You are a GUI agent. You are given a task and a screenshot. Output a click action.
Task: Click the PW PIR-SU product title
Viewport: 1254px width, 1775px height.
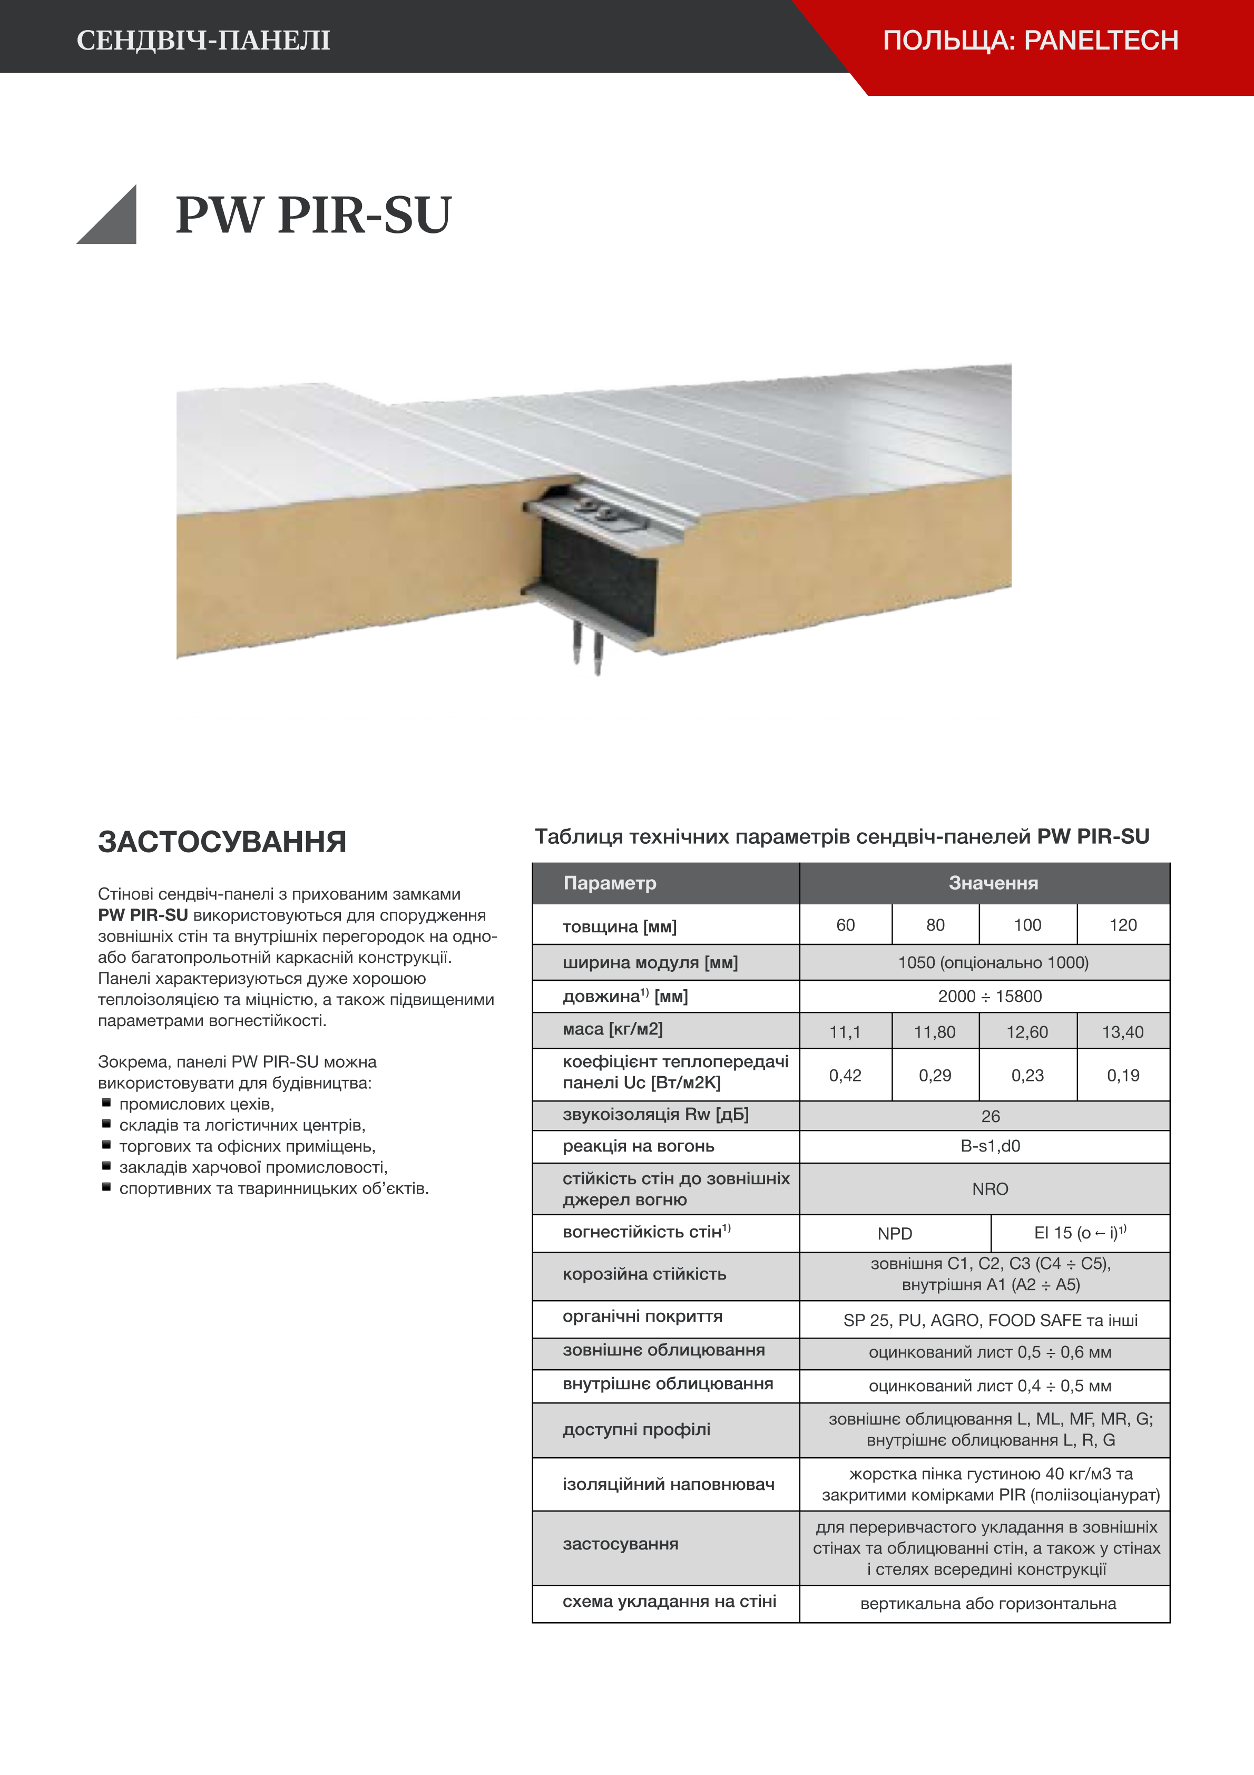coord(313,215)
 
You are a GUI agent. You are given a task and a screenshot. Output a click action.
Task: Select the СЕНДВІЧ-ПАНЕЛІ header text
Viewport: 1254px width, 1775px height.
coord(203,40)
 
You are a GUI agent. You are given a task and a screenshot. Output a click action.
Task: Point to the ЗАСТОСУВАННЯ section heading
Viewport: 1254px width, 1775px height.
coord(222,842)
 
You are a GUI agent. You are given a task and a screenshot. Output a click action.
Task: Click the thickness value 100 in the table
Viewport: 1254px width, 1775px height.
coord(1027,924)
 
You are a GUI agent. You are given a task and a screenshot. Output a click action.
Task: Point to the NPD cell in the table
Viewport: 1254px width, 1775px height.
coord(895,1234)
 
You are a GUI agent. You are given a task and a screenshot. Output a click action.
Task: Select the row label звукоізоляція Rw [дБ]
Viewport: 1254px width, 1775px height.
coord(655,1114)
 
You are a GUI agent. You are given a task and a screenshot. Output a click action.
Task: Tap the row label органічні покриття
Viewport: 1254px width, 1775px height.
coord(642,1316)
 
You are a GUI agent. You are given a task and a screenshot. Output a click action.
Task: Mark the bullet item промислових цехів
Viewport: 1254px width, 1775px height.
coord(197,1104)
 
